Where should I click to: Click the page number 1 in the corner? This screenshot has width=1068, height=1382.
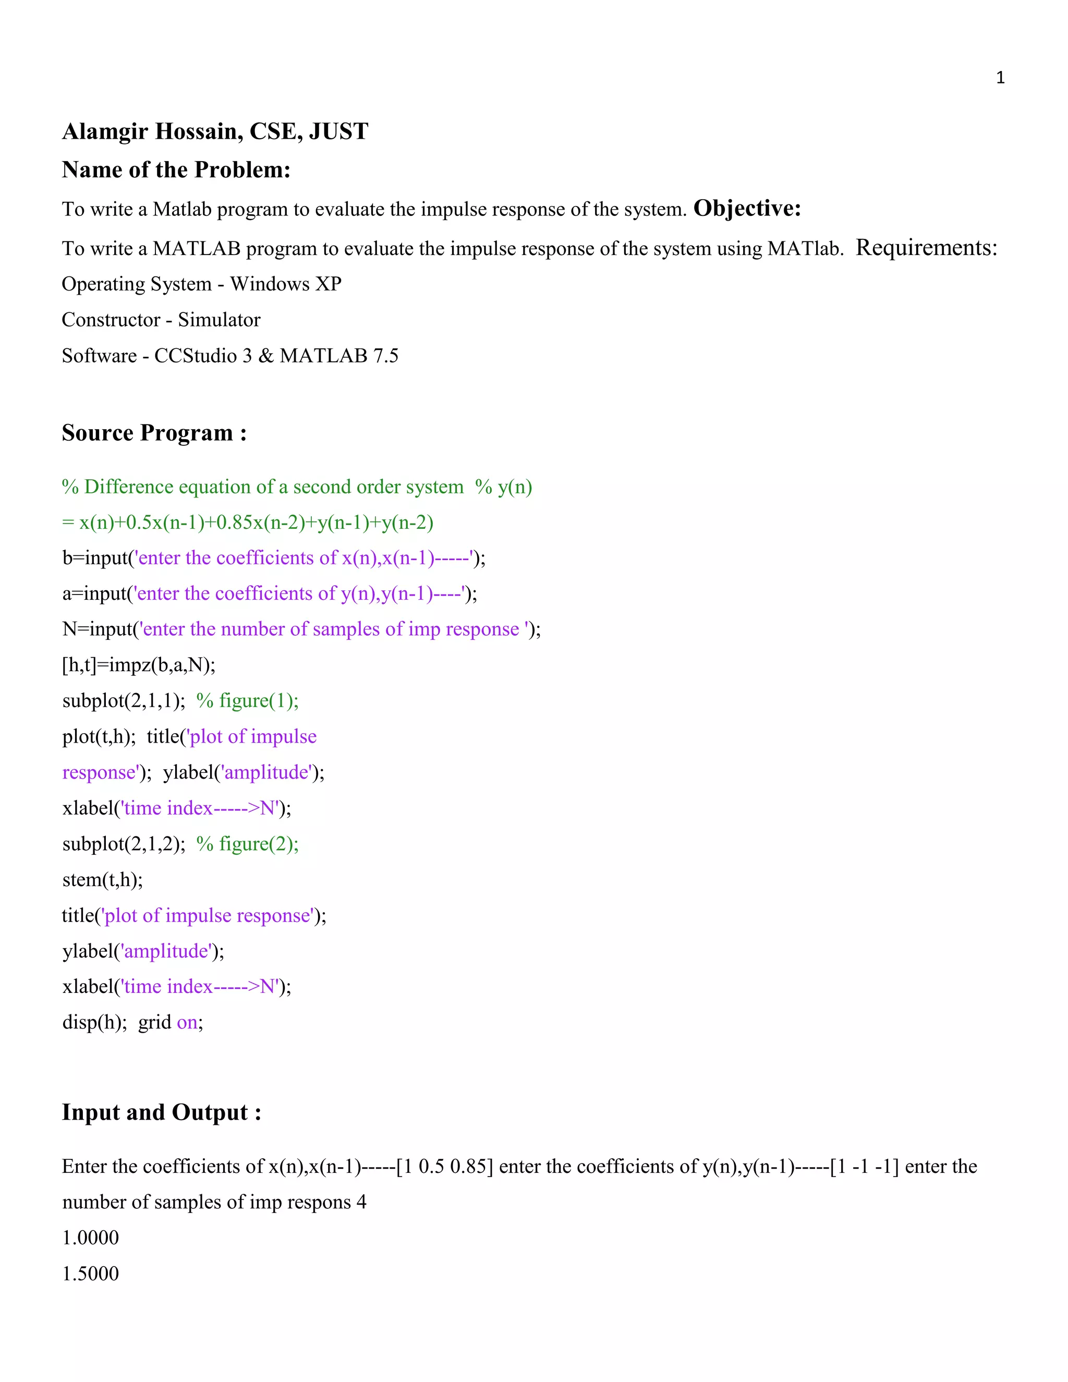point(1000,78)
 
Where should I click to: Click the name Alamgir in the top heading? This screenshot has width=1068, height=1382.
point(105,131)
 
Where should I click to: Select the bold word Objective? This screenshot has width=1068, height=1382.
point(747,208)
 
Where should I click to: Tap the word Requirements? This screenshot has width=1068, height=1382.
point(926,247)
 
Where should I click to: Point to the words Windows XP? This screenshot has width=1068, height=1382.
point(285,284)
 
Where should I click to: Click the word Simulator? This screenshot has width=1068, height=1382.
point(219,320)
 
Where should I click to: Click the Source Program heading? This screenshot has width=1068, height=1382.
point(154,433)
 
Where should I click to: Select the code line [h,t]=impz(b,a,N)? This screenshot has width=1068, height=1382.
point(139,665)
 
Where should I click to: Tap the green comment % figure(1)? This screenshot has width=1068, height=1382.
point(247,700)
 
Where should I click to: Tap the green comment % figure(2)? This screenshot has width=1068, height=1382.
point(247,843)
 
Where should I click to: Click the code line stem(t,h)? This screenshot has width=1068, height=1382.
point(103,880)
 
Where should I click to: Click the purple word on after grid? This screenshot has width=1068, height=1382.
point(187,1023)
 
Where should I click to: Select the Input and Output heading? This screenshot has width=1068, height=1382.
point(161,1112)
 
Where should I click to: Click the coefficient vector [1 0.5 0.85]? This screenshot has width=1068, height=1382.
point(444,1166)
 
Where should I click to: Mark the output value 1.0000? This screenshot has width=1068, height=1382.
point(90,1238)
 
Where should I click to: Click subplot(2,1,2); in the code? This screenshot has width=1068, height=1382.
point(124,843)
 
